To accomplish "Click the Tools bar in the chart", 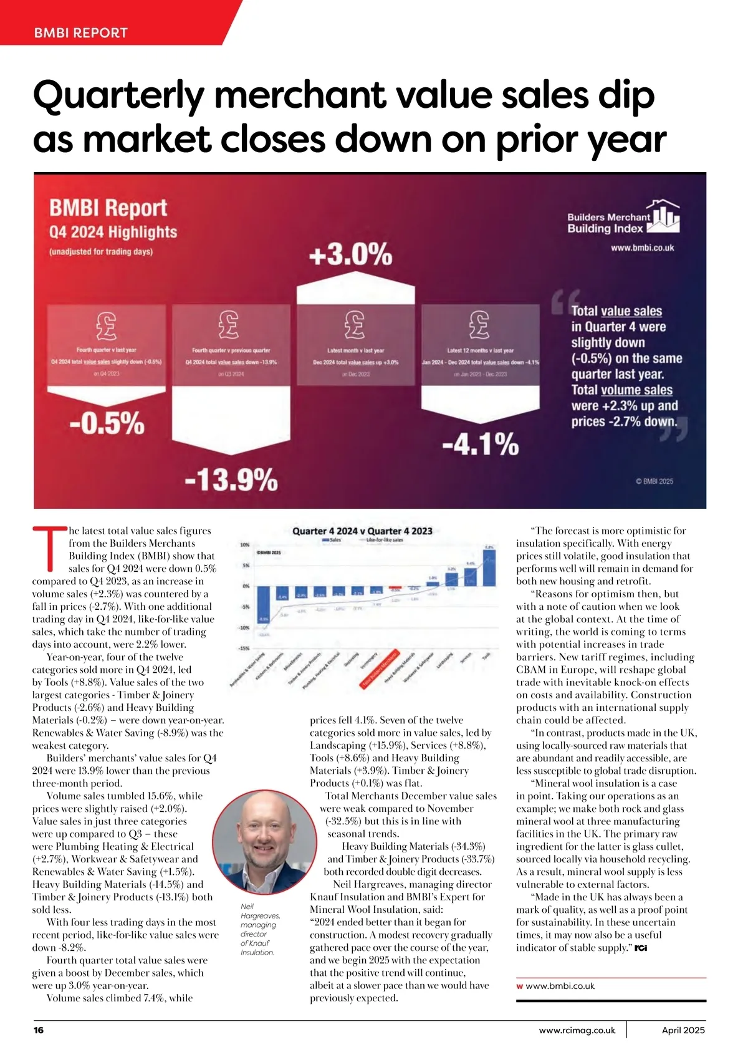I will click(489, 567).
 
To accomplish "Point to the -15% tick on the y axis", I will click(244, 649).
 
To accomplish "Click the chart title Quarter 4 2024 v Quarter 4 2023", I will click(362, 531).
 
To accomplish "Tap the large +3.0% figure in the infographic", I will click(351, 255).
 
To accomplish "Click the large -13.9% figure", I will click(231, 480).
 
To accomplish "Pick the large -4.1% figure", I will click(480, 445).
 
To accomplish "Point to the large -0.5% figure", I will click(107, 423).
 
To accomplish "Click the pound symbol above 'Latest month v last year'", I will click(355, 324).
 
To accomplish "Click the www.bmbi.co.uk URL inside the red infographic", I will click(642, 248).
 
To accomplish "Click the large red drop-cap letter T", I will click(49, 549).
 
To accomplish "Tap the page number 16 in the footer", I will click(39, 1030).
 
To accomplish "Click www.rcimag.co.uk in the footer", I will click(577, 1030).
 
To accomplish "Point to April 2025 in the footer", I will click(683, 1030).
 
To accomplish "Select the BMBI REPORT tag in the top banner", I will click(81, 33).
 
